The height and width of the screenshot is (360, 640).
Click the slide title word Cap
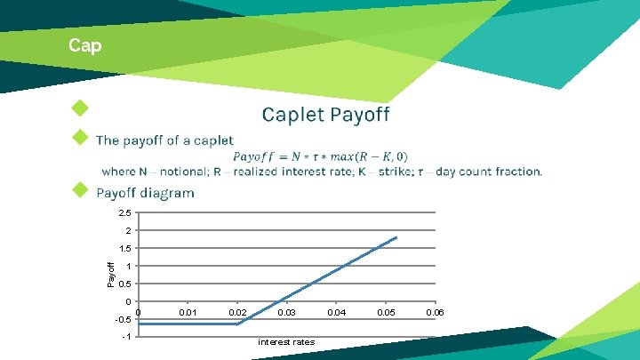[85, 45]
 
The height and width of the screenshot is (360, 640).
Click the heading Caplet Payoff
[325, 115]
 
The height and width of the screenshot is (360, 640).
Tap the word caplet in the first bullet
[213, 140]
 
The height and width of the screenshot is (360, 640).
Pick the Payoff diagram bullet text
[145, 193]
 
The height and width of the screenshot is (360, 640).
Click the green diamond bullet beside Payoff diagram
[81, 189]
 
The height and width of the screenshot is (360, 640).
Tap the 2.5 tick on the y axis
[125, 213]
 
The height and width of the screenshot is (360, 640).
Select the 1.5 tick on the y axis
[125, 249]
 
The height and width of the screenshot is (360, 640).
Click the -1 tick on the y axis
[127, 337]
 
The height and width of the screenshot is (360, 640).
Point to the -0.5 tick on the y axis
[124, 319]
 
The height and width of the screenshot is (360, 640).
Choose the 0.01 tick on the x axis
[188, 313]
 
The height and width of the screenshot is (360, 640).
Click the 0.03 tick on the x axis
[287, 313]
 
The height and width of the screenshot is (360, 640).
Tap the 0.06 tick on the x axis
[435, 313]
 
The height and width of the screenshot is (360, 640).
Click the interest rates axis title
[285, 342]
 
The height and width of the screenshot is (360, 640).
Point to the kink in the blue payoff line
[237, 324]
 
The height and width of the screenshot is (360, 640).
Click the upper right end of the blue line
[396, 237]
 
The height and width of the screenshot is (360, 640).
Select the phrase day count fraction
[488, 172]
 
